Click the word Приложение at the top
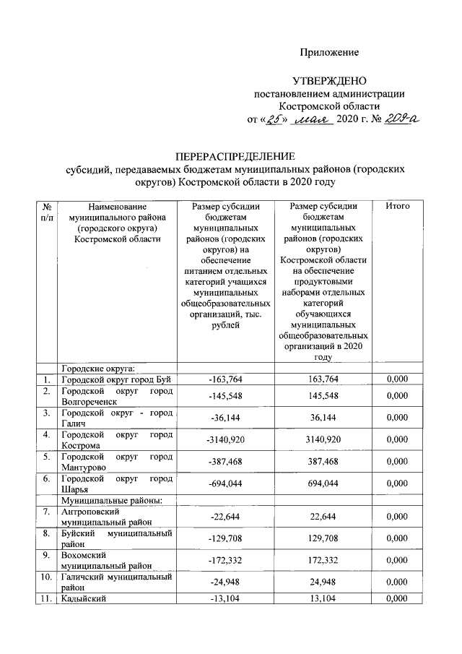pyautogui.click(x=329, y=53)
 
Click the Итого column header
pyautogui.click(x=398, y=207)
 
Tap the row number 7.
pyautogui.click(x=46, y=512)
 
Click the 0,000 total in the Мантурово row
pyautogui.click(x=398, y=461)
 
